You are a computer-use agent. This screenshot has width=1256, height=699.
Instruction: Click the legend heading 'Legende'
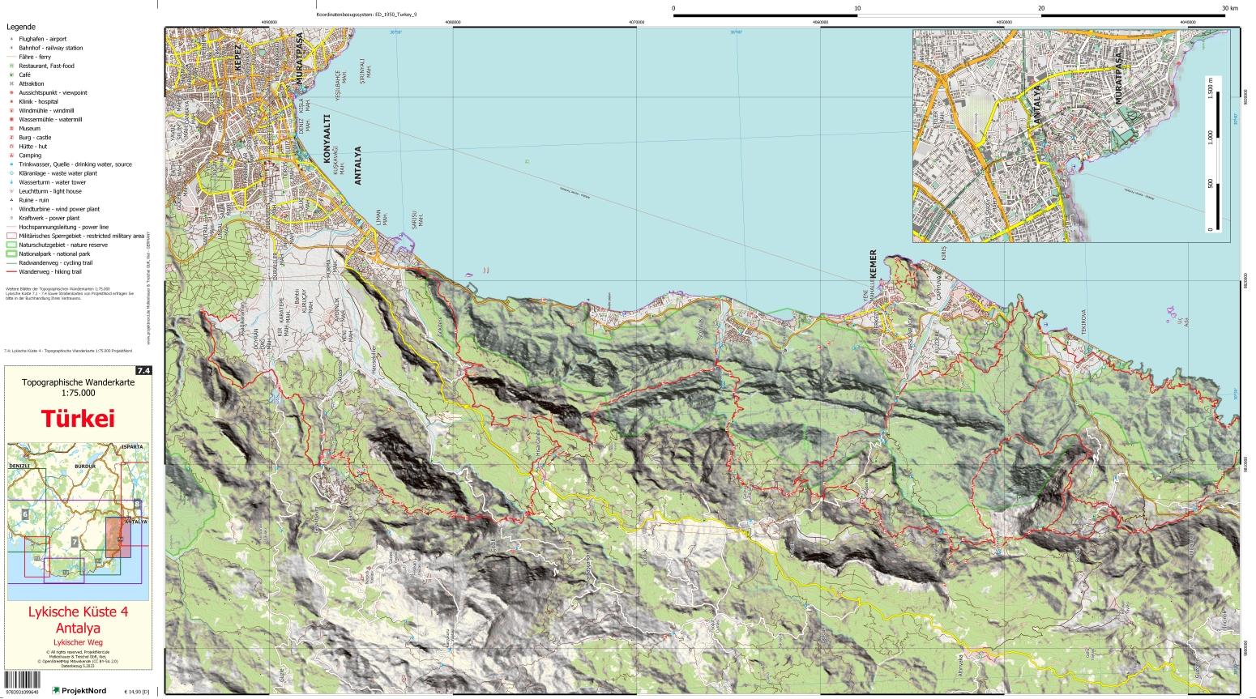tap(21, 27)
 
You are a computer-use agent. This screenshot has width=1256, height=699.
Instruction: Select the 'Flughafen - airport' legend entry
tap(48, 39)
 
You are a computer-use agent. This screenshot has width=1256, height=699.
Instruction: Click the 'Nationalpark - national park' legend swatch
tap(12, 254)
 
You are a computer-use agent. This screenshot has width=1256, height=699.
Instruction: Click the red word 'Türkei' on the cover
tap(78, 419)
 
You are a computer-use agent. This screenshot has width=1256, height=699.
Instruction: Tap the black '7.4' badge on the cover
tap(144, 371)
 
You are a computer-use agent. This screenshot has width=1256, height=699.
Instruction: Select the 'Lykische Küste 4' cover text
tap(78, 612)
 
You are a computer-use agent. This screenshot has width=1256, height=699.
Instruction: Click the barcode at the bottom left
tap(24, 689)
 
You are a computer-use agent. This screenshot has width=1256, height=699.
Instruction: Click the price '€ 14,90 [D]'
tap(137, 690)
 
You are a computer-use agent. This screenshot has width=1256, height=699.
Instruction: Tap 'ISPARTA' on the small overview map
tap(134, 446)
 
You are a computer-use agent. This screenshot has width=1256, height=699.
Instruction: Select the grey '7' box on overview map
tap(75, 541)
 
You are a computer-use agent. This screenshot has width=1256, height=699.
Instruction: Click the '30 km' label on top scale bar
tap(1229, 7)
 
